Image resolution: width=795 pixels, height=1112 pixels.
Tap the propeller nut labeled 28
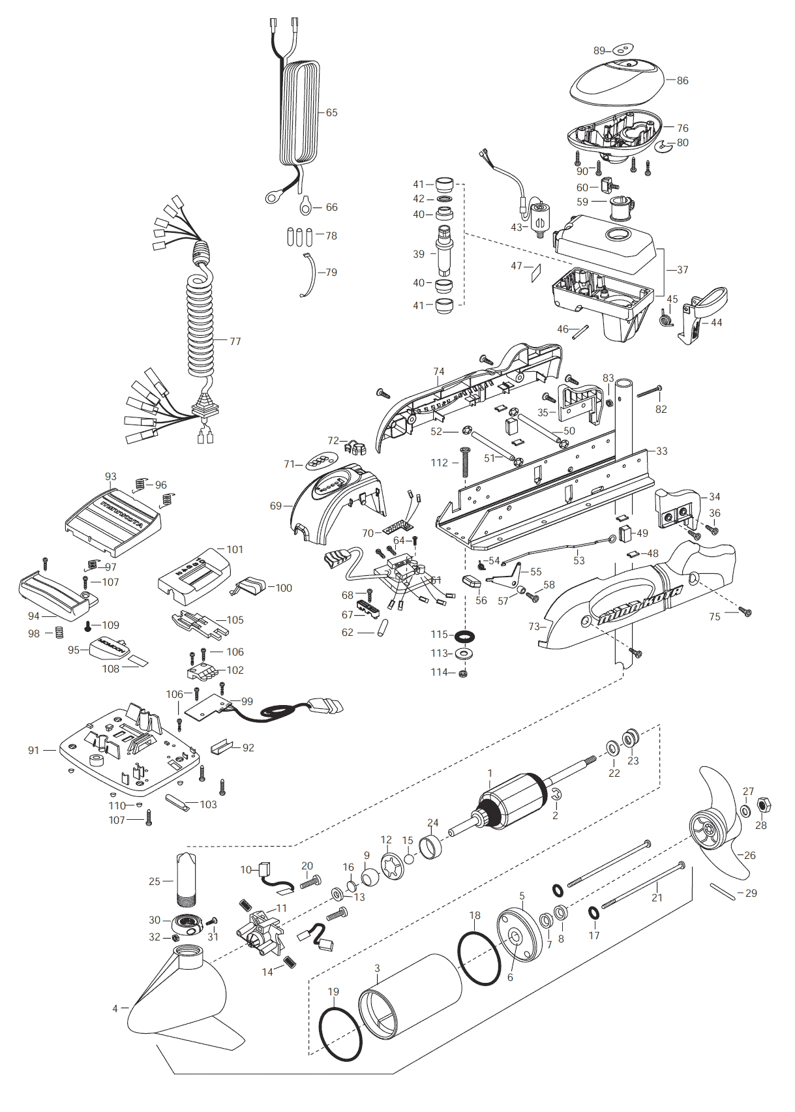(x=762, y=807)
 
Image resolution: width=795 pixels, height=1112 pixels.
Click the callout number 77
(x=235, y=341)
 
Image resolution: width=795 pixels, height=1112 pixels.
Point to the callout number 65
(x=331, y=113)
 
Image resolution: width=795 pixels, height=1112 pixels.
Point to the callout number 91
(x=34, y=751)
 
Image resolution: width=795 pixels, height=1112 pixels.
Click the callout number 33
(x=661, y=451)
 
